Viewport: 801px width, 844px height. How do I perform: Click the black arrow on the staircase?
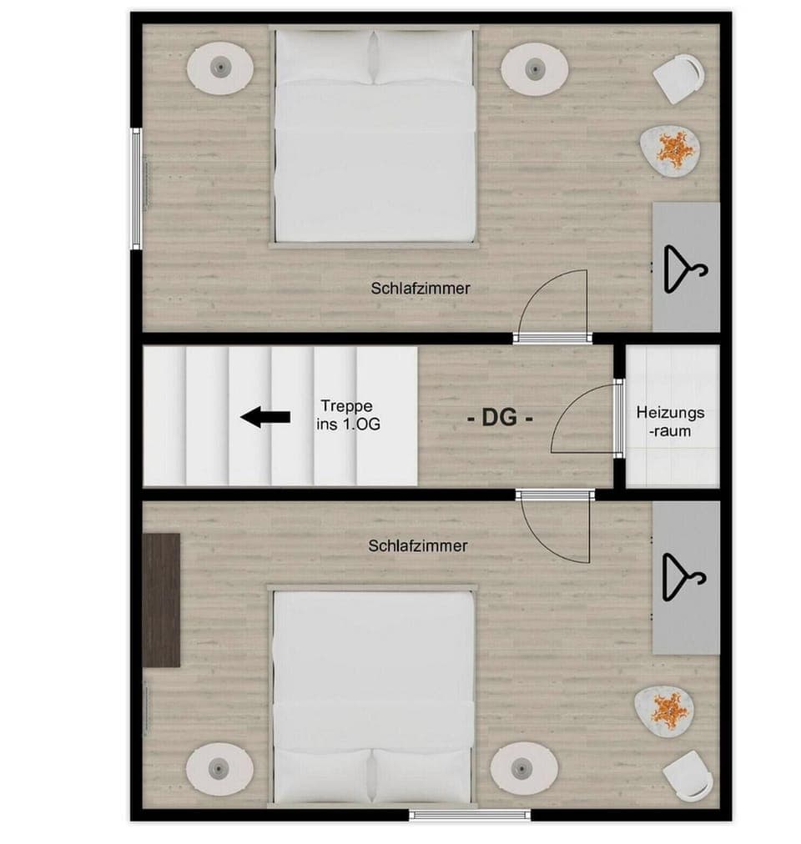[x=265, y=417]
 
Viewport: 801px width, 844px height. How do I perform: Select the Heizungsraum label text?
[x=670, y=421]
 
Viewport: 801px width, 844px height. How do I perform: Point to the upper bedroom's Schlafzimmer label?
[x=421, y=289]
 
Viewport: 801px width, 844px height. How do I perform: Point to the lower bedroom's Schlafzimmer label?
[x=417, y=545]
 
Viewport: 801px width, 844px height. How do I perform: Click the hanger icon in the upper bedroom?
[x=684, y=268]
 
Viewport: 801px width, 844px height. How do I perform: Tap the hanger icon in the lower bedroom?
[x=683, y=576]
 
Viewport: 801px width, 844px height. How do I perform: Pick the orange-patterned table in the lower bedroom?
[x=667, y=711]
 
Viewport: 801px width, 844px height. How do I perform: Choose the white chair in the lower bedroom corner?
[x=688, y=775]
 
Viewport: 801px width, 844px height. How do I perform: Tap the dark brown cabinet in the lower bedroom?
[x=161, y=600]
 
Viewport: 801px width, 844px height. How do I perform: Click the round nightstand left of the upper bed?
[x=219, y=68]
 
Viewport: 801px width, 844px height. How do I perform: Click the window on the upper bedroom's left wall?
[x=136, y=187]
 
